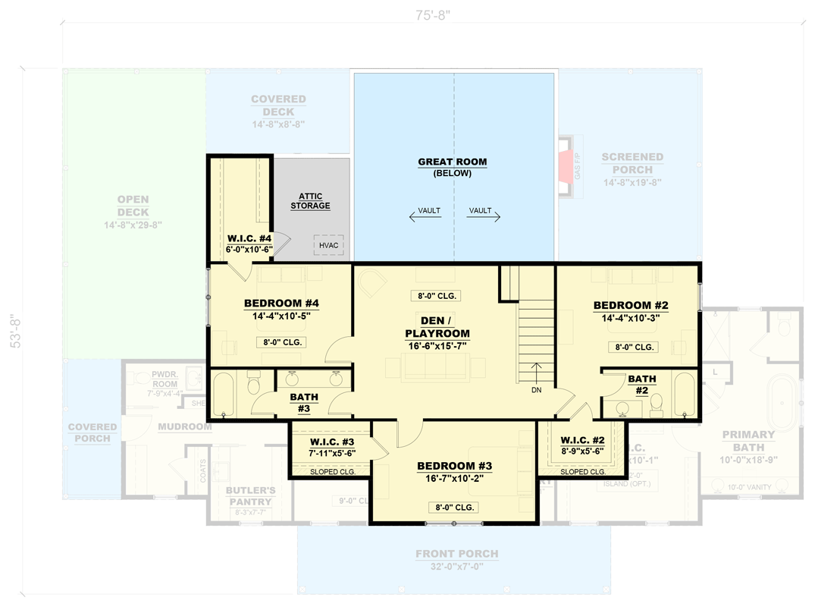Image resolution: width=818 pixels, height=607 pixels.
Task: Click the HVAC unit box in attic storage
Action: click(x=328, y=245)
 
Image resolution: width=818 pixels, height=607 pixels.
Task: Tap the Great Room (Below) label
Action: click(x=453, y=167)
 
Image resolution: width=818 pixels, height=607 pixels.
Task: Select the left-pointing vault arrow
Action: click(x=425, y=217)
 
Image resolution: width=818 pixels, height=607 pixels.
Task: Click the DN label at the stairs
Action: click(x=537, y=390)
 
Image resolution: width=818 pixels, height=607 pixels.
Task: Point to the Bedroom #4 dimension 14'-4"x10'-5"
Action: click(x=281, y=317)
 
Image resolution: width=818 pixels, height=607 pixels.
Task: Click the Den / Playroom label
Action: click(x=437, y=327)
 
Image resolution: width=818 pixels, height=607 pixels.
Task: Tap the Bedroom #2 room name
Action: click(x=631, y=305)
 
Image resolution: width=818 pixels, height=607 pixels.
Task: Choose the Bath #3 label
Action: click(x=304, y=402)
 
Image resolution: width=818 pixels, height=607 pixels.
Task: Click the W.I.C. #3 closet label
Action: click(x=332, y=442)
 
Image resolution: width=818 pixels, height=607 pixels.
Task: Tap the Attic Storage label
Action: click(x=310, y=201)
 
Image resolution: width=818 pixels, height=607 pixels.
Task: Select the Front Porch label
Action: click(x=457, y=554)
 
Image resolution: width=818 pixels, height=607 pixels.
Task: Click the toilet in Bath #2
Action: click(x=657, y=404)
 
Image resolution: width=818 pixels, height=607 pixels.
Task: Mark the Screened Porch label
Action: click(x=632, y=163)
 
